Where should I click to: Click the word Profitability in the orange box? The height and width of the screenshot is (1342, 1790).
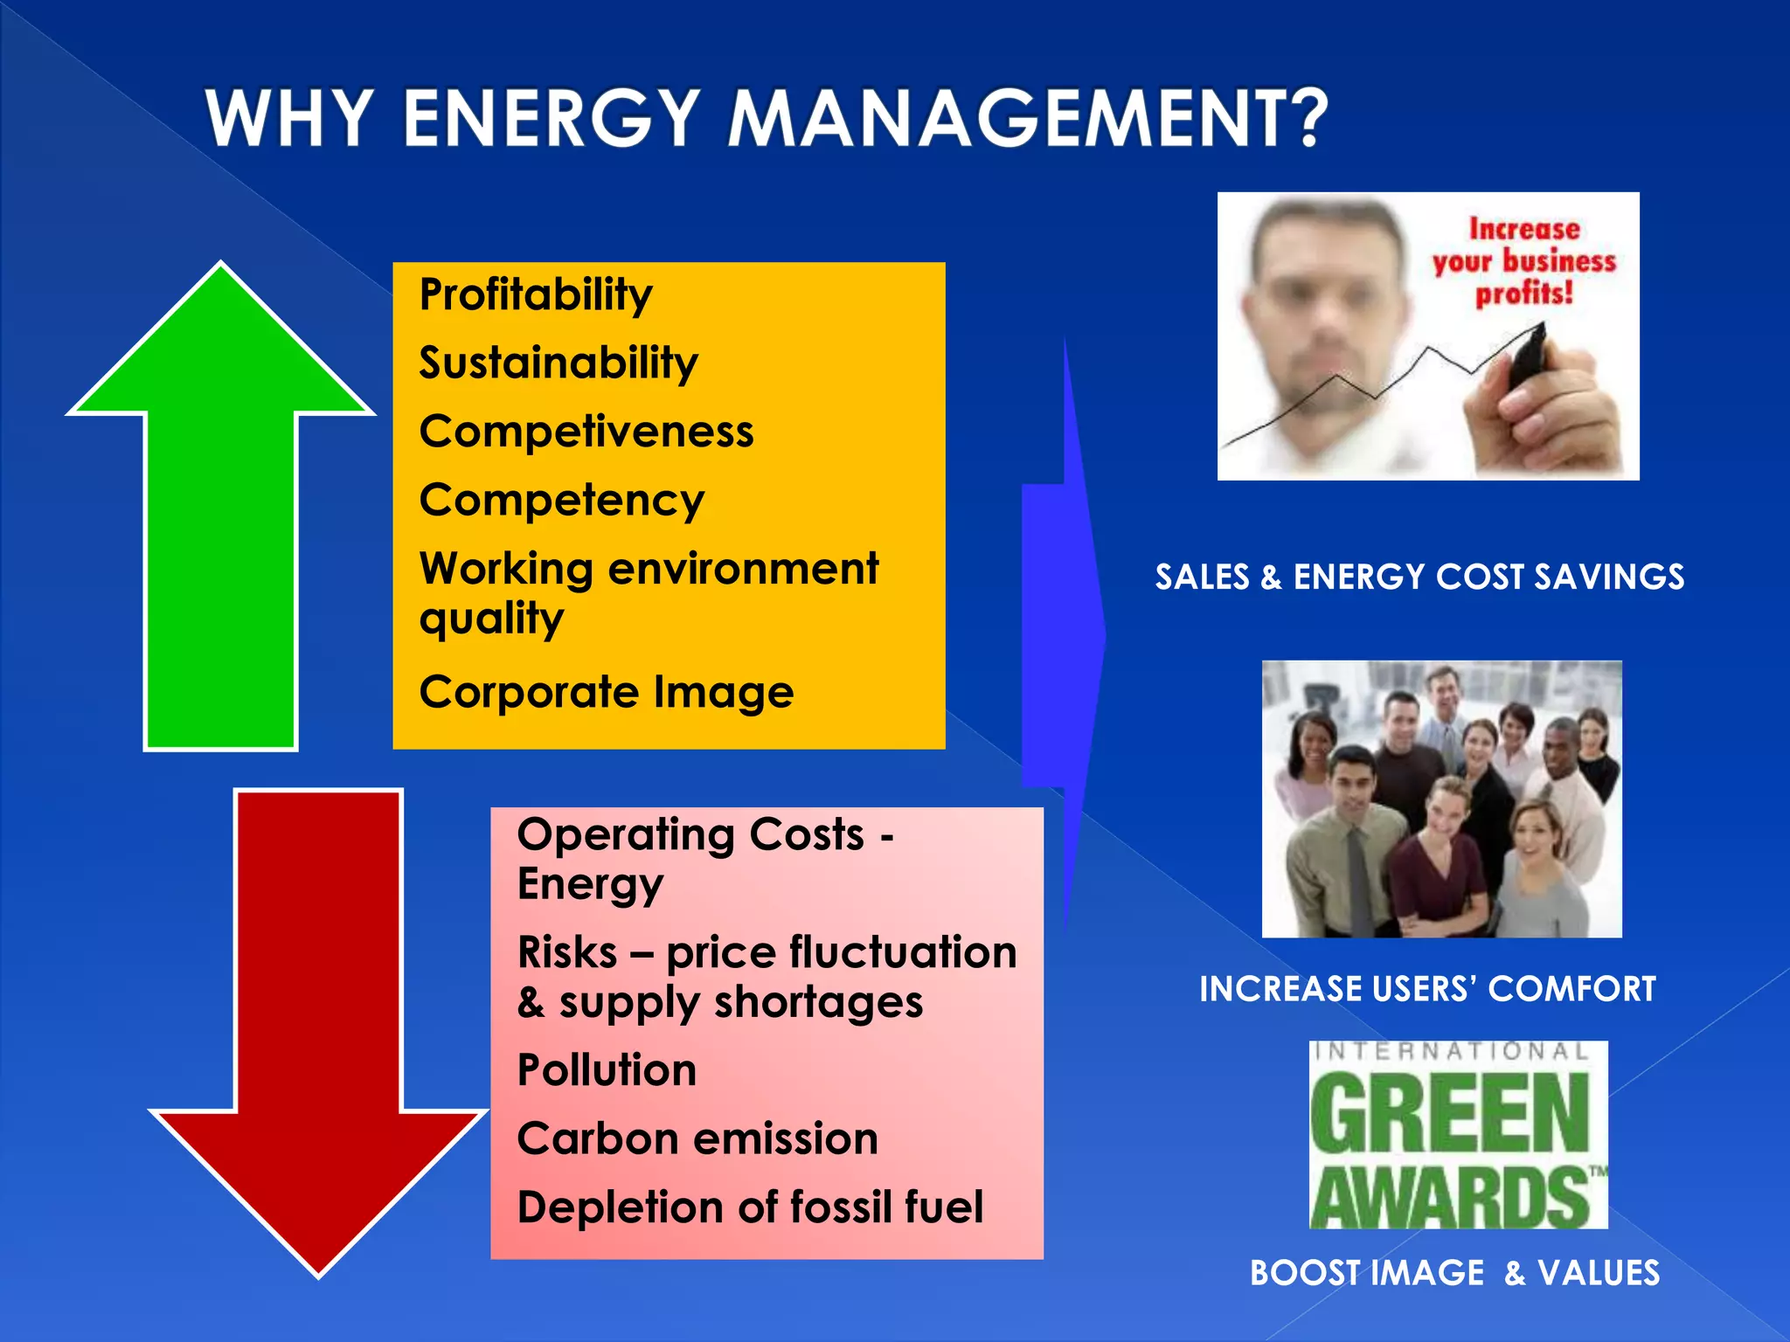click(536, 294)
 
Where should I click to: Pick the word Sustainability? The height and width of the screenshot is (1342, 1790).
click(559, 363)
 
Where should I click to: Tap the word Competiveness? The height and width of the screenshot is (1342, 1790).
click(586, 432)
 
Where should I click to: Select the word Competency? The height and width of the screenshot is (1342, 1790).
click(562, 501)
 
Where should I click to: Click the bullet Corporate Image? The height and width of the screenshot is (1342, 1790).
click(607, 692)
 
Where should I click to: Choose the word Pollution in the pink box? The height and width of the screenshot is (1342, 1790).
click(607, 1069)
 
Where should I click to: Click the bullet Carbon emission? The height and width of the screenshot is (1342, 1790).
click(697, 1138)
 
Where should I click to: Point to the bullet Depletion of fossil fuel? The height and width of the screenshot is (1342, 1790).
click(750, 1207)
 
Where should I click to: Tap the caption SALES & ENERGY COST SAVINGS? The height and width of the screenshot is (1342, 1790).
click(1419, 577)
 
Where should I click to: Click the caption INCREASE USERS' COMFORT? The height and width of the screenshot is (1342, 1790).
click(1427, 989)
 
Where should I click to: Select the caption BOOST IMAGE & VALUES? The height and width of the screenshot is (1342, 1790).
click(1454, 1273)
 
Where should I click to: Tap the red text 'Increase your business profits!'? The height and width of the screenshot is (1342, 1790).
click(1524, 261)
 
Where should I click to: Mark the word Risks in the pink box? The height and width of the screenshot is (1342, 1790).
click(567, 952)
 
